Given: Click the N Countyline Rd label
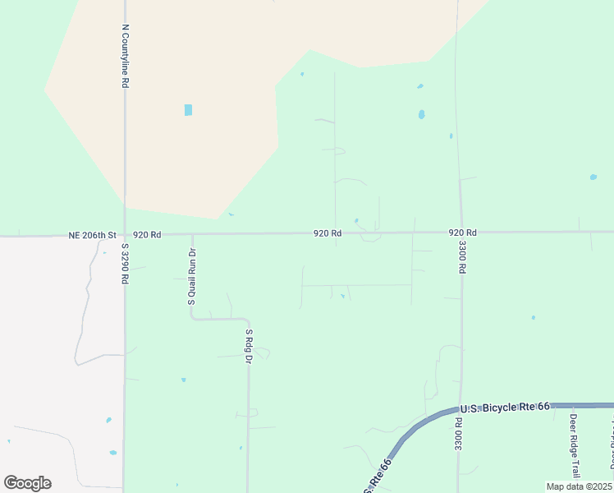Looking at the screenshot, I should click(126, 55).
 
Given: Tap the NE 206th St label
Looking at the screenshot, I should click(94, 235).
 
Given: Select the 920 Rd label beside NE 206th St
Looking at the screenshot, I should click(147, 235).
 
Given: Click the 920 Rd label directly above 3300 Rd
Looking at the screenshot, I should click(463, 233).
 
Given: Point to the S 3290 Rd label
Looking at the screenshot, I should click(126, 263).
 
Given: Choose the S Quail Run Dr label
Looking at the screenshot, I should click(193, 277).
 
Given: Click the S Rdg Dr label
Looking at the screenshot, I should click(249, 348).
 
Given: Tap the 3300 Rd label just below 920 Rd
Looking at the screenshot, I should click(463, 257).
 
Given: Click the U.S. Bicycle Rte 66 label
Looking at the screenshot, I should click(504, 408).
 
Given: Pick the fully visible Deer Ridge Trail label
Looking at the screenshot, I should click(575, 446).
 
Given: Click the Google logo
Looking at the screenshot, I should click(27, 483).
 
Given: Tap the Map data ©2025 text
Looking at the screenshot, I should click(580, 486).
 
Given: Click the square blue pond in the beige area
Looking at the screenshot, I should click(189, 110).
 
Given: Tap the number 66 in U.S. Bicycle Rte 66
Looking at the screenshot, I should click(543, 408).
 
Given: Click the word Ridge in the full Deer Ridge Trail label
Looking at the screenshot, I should click(575, 447).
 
